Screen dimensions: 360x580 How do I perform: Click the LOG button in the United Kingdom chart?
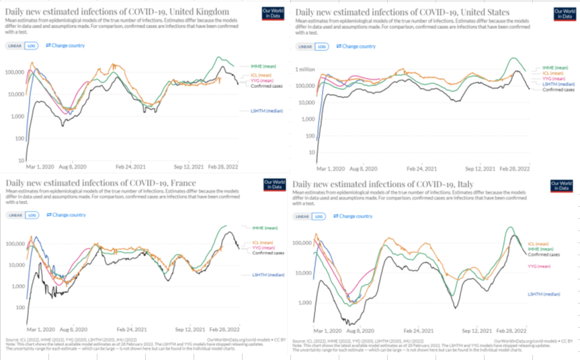(30, 46)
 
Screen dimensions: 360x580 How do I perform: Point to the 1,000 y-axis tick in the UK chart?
(16, 116)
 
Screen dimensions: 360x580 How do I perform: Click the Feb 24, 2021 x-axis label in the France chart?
(132, 329)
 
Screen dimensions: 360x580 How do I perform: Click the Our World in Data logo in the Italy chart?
(562, 185)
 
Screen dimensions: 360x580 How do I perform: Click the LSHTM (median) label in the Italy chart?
(544, 294)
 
